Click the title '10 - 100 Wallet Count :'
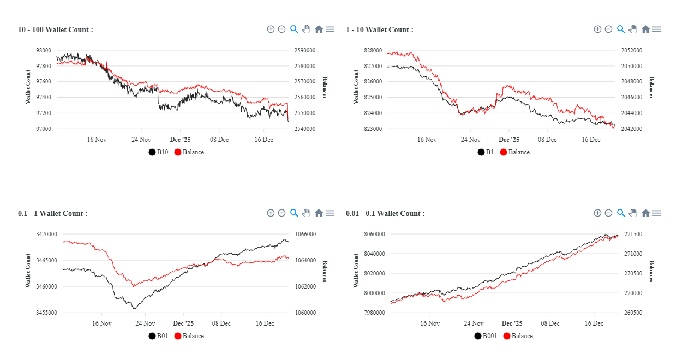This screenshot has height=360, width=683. click(x=55, y=29)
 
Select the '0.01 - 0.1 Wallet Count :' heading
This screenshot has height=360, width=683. click(x=385, y=213)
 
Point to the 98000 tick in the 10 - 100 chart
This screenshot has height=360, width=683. click(x=44, y=50)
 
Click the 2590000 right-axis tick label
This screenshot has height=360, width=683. click(x=305, y=50)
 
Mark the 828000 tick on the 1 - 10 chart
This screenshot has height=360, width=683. click(x=373, y=50)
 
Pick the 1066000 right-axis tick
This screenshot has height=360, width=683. click(x=305, y=234)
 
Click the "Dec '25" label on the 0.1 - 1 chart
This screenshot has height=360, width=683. click(x=183, y=323)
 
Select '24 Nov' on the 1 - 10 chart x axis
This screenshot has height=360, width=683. click(x=471, y=140)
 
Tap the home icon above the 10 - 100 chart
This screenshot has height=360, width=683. click(x=319, y=29)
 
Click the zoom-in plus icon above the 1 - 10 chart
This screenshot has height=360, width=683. click(x=597, y=29)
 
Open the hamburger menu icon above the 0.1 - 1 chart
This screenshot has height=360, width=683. click(x=330, y=213)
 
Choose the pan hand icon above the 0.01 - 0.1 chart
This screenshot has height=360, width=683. click(x=633, y=213)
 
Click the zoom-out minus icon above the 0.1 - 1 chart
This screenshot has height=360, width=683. click(x=281, y=213)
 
